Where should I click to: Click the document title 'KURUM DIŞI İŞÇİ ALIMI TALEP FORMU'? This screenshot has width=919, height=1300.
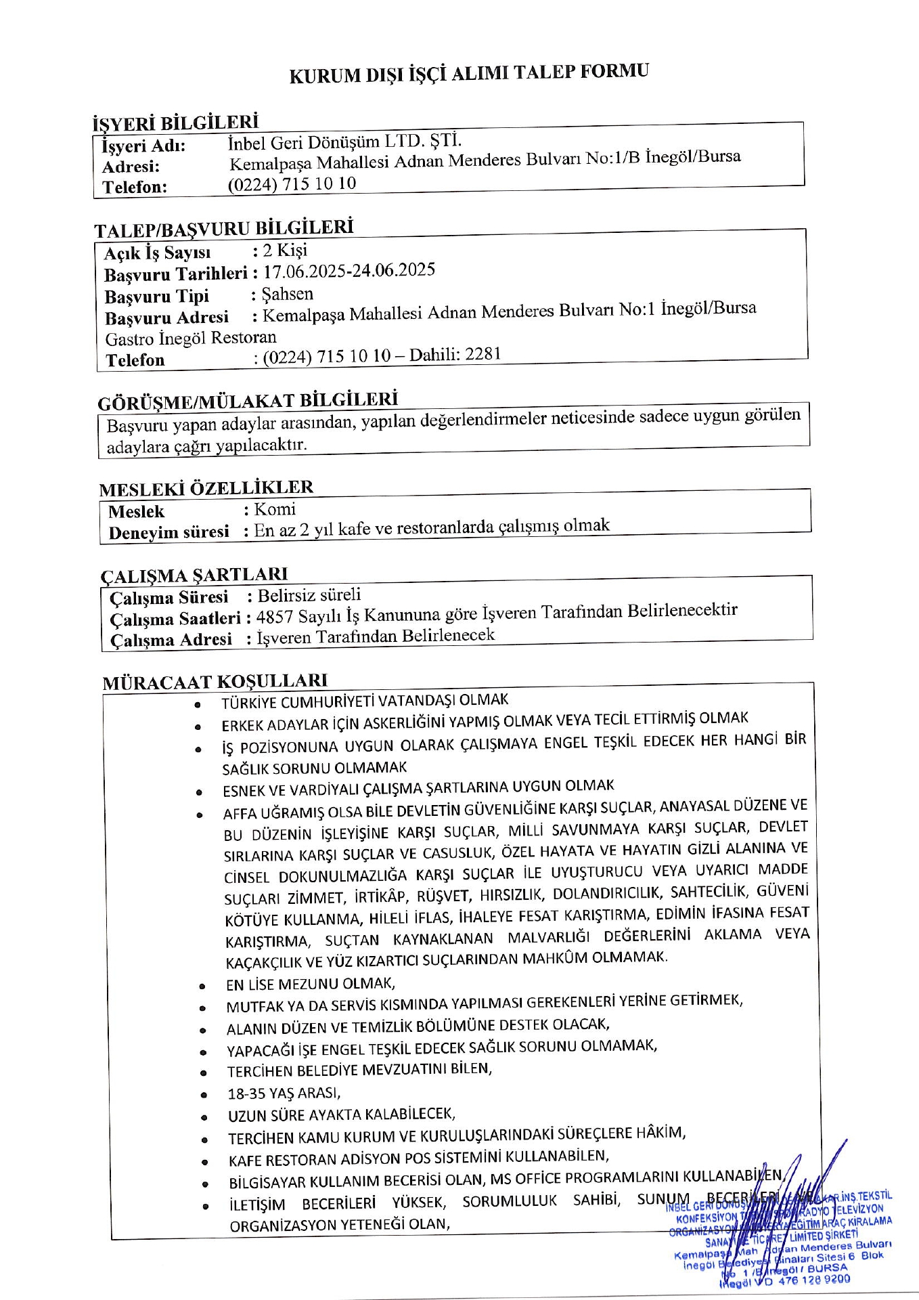468,73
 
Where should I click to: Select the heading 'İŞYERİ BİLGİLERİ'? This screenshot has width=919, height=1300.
175,123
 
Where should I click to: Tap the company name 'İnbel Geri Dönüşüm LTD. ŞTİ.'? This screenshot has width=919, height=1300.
345,142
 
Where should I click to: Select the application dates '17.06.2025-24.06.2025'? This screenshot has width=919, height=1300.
349,271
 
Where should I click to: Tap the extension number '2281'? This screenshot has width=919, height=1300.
483,353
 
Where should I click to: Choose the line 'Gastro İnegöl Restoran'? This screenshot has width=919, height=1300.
191,338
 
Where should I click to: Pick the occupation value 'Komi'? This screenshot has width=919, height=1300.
275,509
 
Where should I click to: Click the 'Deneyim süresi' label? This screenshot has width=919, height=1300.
169,533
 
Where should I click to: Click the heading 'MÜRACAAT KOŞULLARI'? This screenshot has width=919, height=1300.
215,681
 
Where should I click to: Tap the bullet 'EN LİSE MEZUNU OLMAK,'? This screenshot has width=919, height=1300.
311,984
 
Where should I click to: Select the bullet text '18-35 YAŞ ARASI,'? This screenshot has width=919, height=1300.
284,1093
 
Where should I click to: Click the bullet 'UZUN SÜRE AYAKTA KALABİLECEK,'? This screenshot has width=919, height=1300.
342,1114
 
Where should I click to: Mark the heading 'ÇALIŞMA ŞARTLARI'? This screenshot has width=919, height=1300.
194,575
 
